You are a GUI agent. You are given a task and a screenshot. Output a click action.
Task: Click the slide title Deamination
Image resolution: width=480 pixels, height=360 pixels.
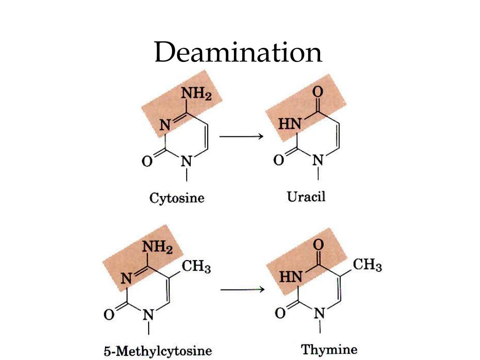pos(238,52)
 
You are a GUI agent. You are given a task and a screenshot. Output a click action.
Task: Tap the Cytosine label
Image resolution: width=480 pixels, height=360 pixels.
pos(177,198)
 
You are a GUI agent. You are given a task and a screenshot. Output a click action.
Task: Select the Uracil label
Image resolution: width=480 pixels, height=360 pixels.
pos(306,196)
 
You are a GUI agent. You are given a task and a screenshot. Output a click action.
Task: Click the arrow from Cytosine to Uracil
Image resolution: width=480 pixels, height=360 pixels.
pos(240,136)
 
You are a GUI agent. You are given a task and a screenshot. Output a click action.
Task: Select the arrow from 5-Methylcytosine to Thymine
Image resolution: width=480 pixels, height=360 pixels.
pos(242,289)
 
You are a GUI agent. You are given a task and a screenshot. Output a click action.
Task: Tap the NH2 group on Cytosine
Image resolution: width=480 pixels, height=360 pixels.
pos(196,94)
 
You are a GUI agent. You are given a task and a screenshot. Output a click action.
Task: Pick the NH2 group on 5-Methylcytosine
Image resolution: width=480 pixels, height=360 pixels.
pos(157,247)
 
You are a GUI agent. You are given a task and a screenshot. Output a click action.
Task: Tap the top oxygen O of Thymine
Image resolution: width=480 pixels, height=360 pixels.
pos(318,244)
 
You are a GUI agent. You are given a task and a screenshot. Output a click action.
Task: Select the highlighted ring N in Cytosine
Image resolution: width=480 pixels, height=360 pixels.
pos(165,125)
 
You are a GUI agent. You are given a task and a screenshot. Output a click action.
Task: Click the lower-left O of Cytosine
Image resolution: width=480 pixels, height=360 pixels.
pos(147,162)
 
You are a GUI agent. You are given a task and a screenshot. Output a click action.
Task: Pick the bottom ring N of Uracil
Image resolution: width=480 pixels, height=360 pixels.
pos(318,161)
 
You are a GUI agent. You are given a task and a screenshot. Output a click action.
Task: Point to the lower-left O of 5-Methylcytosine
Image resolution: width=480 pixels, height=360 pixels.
pos(108,315)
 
